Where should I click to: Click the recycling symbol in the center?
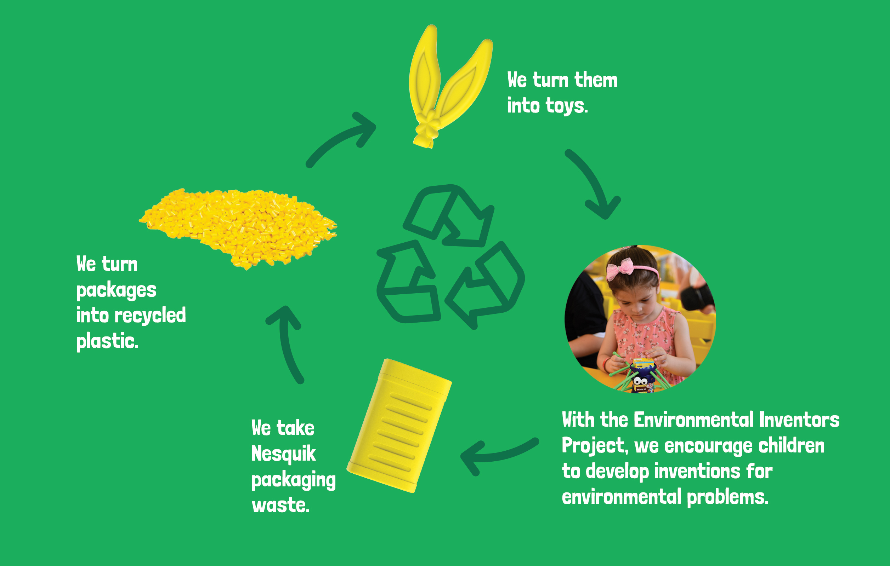[450, 256]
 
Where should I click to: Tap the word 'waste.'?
[280, 505]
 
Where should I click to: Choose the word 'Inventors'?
[799, 420]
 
